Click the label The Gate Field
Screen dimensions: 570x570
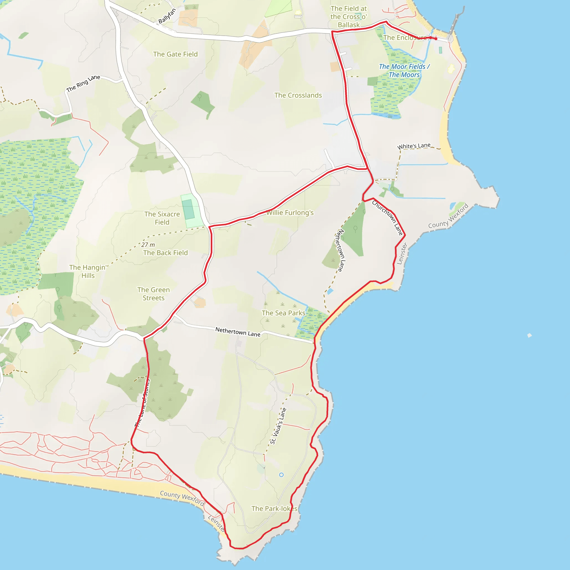(x=175, y=54)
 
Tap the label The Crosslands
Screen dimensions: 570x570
(x=298, y=95)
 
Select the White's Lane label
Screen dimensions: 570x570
(x=414, y=146)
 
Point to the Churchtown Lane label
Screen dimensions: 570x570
(x=387, y=218)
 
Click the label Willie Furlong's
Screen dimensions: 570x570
(x=290, y=213)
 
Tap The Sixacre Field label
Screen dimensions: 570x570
(x=162, y=218)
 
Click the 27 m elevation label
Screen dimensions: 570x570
(x=148, y=245)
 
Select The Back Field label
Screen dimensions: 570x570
(x=165, y=253)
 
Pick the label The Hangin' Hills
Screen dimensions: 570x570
(x=88, y=271)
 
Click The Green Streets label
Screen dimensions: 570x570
(x=153, y=294)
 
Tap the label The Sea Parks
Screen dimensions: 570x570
(x=283, y=313)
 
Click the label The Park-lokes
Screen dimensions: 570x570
(x=274, y=509)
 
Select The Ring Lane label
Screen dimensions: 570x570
(x=83, y=83)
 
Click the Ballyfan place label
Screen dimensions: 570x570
(x=167, y=16)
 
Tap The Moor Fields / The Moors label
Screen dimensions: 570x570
(x=404, y=71)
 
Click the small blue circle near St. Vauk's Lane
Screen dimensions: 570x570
(x=281, y=475)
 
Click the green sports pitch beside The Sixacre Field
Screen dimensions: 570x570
(x=188, y=209)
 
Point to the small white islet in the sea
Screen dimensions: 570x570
(x=530, y=335)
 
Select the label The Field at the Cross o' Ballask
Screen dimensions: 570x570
(x=348, y=17)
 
